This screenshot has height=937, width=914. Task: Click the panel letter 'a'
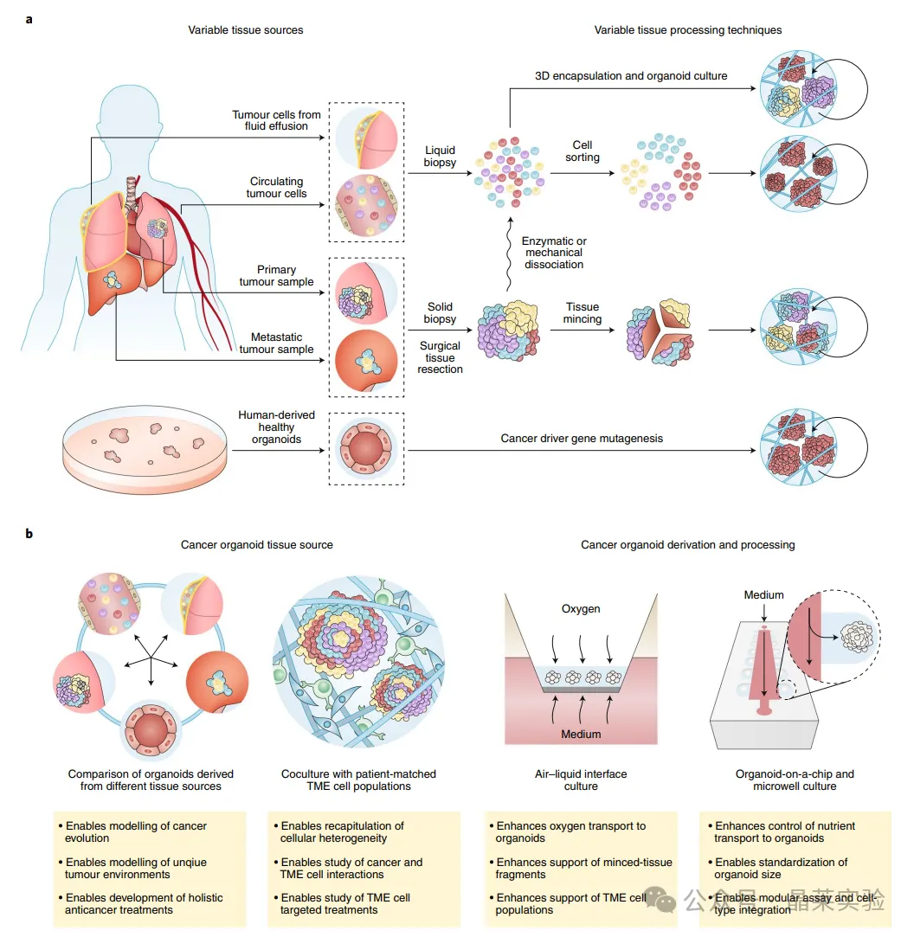29,18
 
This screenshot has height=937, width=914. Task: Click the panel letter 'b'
29,534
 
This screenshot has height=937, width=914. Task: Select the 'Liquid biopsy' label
440,157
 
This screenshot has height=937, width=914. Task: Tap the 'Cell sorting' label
583,151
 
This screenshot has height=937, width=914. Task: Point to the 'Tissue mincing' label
583,312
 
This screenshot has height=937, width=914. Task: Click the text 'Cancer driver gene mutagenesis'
582,439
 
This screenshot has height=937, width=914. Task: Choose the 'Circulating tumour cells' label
276,188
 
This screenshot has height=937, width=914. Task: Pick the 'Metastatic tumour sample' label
276,343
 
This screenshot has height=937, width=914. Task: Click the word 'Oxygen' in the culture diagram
581,609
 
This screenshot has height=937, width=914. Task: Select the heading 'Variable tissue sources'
246,30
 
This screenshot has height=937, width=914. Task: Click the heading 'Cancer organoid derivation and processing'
687,545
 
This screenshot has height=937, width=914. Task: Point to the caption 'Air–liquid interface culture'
581,780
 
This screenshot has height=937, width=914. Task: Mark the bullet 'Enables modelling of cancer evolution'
136,831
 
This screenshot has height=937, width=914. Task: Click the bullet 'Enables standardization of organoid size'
782,868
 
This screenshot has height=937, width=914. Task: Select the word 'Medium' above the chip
763,595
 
